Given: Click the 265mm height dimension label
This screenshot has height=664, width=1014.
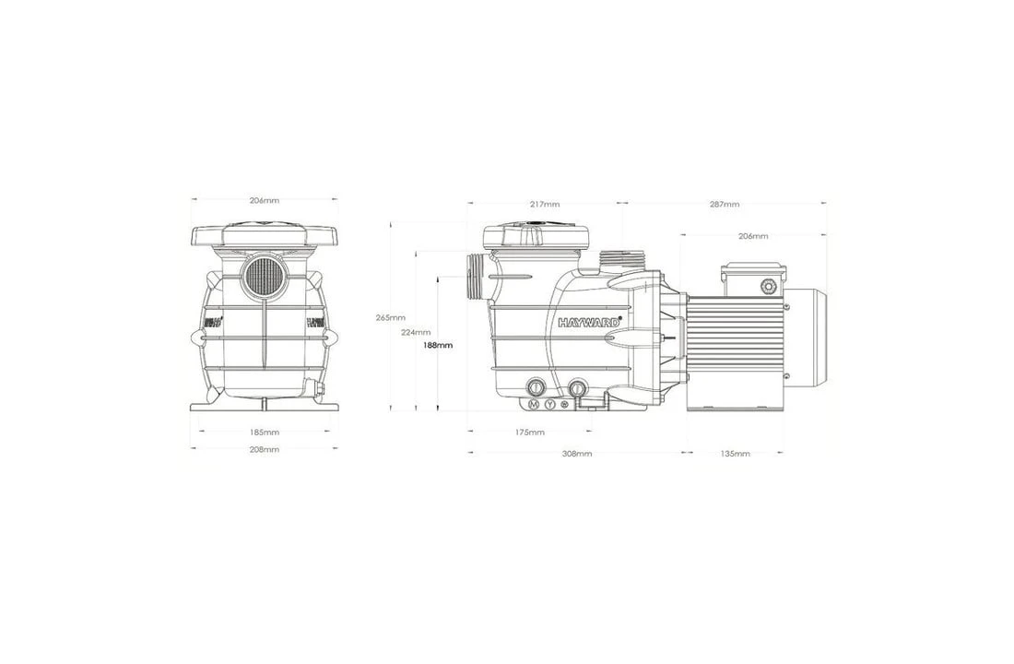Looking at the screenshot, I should tap(389, 317).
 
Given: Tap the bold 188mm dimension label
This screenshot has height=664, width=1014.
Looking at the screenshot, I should tap(437, 345).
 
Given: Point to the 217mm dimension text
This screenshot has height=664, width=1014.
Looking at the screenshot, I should tap(544, 204).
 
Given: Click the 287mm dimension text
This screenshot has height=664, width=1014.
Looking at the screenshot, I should tap(724, 204).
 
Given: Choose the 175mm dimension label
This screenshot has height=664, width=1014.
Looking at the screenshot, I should tap(529, 432).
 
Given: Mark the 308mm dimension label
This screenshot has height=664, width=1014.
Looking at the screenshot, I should tap(577, 454).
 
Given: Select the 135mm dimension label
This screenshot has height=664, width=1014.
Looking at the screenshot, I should tap(735, 454).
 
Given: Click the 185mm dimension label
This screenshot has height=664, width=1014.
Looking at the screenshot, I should tap(265, 432).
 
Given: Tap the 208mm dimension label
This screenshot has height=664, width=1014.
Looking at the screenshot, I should tap(265, 449).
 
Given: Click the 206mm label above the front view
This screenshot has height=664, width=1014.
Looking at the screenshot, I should tap(265, 200).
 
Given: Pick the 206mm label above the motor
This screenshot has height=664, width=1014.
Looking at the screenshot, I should tap(753, 236).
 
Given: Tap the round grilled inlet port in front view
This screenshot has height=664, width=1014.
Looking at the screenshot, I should tap(265, 276).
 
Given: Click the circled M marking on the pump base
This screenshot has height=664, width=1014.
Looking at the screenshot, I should tap(533, 404).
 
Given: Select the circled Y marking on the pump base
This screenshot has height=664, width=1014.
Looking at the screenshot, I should tap(550, 404).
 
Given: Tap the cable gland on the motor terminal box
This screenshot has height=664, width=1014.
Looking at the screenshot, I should tap(767, 287).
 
